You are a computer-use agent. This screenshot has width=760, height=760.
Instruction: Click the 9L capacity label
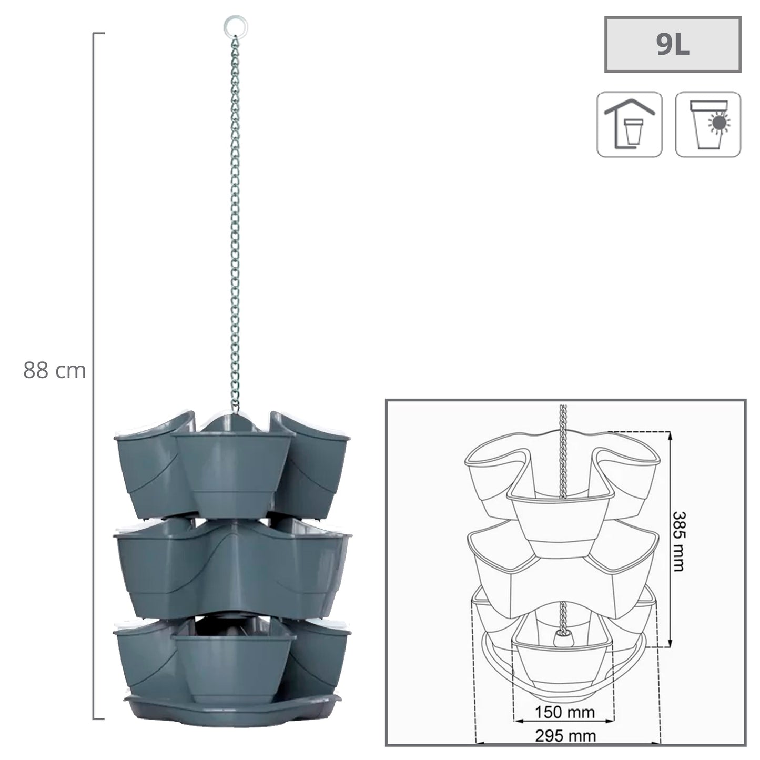[x=672, y=45]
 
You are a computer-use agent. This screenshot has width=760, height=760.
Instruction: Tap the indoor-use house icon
[x=629, y=124]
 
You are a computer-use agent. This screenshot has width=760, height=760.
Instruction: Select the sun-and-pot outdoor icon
[x=707, y=124]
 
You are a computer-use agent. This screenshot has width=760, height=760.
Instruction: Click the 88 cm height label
[x=54, y=371]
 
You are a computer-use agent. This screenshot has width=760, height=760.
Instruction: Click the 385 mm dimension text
[x=678, y=541]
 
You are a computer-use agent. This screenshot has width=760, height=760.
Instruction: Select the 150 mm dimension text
[x=565, y=713]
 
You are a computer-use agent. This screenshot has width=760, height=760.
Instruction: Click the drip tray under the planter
[x=231, y=709]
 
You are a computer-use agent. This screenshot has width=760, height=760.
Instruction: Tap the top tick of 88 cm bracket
[x=99, y=33]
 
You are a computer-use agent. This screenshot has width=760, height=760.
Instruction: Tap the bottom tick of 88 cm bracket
[x=99, y=718]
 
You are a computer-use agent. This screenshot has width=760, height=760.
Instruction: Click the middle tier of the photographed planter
[x=231, y=568]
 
